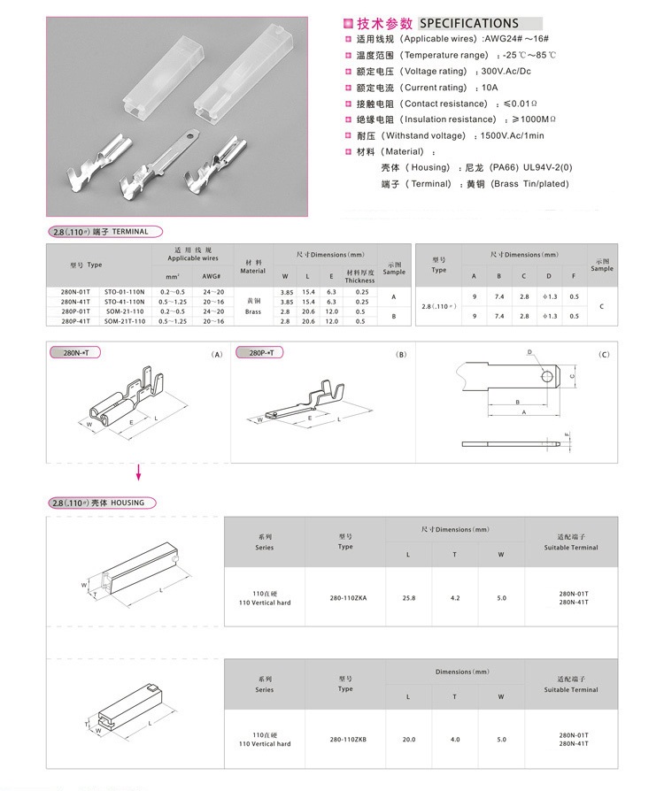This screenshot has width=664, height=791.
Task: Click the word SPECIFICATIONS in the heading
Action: point(468,23)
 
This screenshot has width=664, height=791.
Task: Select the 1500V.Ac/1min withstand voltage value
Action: point(513,135)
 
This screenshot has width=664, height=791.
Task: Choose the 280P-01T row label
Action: point(74,311)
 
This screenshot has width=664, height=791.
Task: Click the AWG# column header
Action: point(211,276)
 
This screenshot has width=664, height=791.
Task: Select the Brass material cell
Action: point(252,311)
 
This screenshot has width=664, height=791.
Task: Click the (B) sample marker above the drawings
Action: point(401,355)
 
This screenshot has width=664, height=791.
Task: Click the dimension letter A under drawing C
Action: point(524,412)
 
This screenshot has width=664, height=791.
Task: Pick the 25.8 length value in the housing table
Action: point(408,598)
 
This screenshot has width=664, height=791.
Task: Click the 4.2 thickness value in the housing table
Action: point(455,598)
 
